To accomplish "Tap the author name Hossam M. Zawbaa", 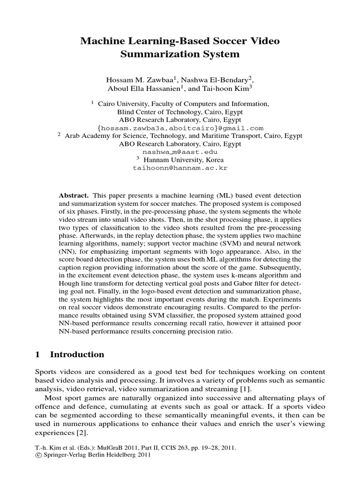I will [135, 80].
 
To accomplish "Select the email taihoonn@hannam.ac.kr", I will [180, 167].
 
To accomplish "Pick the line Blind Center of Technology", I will [180, 112].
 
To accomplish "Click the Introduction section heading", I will [77, 354].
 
